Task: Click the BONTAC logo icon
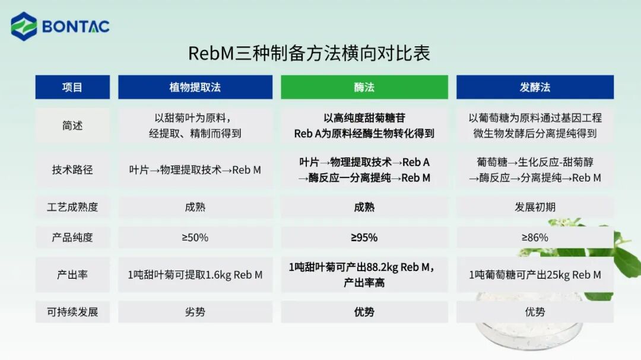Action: [x=24, y=26]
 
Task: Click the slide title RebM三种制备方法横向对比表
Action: [x=309, y=53]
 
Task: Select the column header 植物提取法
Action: [x=195, y=87]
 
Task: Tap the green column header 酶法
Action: [x=364, y=87]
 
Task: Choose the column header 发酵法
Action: [x=534, y=87]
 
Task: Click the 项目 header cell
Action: [x=72, y=87]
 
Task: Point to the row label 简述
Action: [x=72, y=126]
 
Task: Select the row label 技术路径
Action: [x=72, y=170]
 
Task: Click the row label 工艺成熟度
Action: [x=72, y=207]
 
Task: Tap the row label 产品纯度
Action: [x=72, y=237]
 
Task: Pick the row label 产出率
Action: [x=72, y=275]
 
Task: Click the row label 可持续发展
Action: [x=72, y=312]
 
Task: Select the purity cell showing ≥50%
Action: [x=195, y=237]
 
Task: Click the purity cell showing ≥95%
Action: [x=364, y=237]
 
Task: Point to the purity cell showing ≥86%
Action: [x=534, y=237]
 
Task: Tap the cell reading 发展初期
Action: [x=534, y=207]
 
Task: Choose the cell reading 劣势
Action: [x=195, y=312]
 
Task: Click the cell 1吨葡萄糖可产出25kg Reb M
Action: [x=534, y=275]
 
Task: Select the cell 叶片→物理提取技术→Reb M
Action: [x=195, y=170]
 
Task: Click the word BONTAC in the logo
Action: [x=76, y=27]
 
